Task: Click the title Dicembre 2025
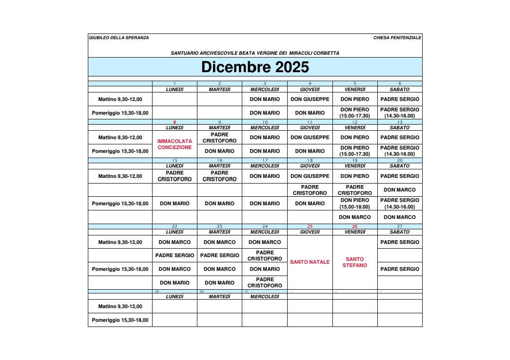pyautogui.click(x=255, y=67)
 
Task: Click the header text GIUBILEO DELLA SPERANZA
pyautogui.click(x=119, y=38)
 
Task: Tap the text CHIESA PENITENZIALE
pyautogui.click(x=397, y=38)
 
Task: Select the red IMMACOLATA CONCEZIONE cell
pyautogui.click(x=175, y=144)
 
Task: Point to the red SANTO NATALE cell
pyautogui.click(x=310, y=262)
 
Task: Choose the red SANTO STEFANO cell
pyautogui.click(x=355, y=262)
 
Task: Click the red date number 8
pyautogui.click(x=175, y=122)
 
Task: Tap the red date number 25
pyautogui.click(x=310, y=226)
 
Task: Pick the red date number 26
pyautogui.click(x=355, y=226)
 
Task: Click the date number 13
pyautogui.click(x=399, y=122)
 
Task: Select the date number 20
pyautogui.click(x=399, y=160)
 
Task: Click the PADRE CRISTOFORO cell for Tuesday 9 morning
pyautogui.click(x=220, y=138)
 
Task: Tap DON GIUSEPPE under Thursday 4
pyautogui.click(x=310, y=99)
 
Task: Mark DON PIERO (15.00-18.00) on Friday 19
pyautogui.click(x=355, y=203)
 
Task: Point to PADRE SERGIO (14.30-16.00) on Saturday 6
pyautogui.click(x=399, y=113)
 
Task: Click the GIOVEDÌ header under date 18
pyautogui.click(x=310, y=166)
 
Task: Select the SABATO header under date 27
pyautogui.click(x=399, y=232)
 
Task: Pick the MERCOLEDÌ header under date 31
pyautogui.click(x=264, y=297)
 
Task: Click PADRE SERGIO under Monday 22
pyautogui.click(x=175, y=255)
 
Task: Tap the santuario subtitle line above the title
pyautogui.click(x=255, y=53)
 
